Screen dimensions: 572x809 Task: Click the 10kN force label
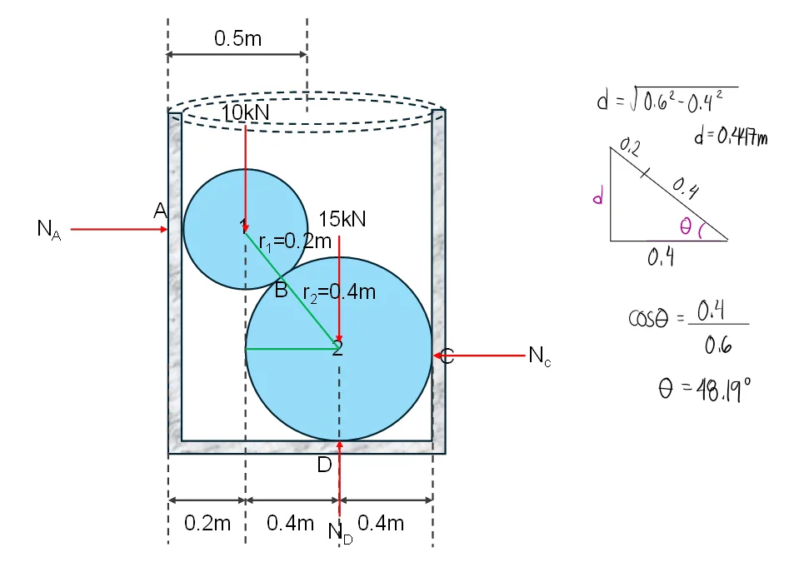tap(246, 112)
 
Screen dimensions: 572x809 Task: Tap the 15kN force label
tap(342, 220)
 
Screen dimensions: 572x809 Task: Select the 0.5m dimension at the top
tap(237, 38)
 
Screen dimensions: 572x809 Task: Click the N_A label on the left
tap(49, 230)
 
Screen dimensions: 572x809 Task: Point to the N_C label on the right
tap(540, 356)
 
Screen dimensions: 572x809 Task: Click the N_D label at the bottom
tap(340, 532)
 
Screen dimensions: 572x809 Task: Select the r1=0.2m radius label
tap(295, 242)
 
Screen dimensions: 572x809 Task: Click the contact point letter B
tap(281, 291)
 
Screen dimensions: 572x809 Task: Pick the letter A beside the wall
tap(161, 212)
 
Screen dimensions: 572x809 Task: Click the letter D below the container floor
tap(324, 465)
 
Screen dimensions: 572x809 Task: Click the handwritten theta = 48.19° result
tap(705, 388)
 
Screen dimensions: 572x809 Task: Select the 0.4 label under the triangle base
tap(661, 258)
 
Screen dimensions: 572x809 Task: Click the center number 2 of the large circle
tap(337, 349)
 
